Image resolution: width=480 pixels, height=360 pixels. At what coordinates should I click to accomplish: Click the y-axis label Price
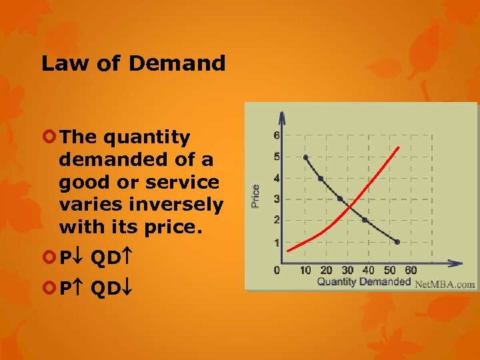click(x=255, y=195)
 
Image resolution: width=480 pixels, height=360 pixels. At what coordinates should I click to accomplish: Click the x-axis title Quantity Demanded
click(x=363, y=282)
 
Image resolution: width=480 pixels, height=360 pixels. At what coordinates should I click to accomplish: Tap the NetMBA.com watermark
click(x=445, y=284)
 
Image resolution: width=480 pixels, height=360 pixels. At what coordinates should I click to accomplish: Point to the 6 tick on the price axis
click(x=277, y=135)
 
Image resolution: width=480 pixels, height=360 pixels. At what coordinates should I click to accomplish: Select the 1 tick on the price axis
click(x=277, y=243)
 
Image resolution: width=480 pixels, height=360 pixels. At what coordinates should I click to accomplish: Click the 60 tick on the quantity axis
click(x=411, y=270)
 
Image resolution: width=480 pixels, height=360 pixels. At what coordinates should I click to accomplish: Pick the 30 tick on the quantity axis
click(x=347, y=270)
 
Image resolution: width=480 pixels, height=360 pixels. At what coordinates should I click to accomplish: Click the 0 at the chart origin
click(x=277, y=270)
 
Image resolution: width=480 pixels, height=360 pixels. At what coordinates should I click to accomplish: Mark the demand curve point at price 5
click(x=305, y=157)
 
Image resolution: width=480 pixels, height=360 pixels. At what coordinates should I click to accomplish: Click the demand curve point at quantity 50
click(x=397, y=242)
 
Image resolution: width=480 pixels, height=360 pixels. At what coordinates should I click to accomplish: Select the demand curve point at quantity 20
click(x=321, y=179)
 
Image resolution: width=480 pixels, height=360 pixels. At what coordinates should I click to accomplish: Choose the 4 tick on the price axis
click(x=277, y=178)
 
